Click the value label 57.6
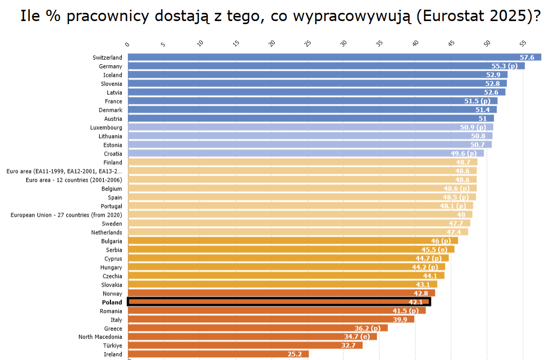pos(527,58)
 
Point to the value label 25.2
pos(294,354)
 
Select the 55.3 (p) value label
pos(505,66)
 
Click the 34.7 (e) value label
pos(357,336)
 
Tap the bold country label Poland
pos(112,302)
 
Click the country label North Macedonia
pos(100,337)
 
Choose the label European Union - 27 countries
pos(66,215)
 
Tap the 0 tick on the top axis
pos(128,44)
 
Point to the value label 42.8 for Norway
pos(421,293)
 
